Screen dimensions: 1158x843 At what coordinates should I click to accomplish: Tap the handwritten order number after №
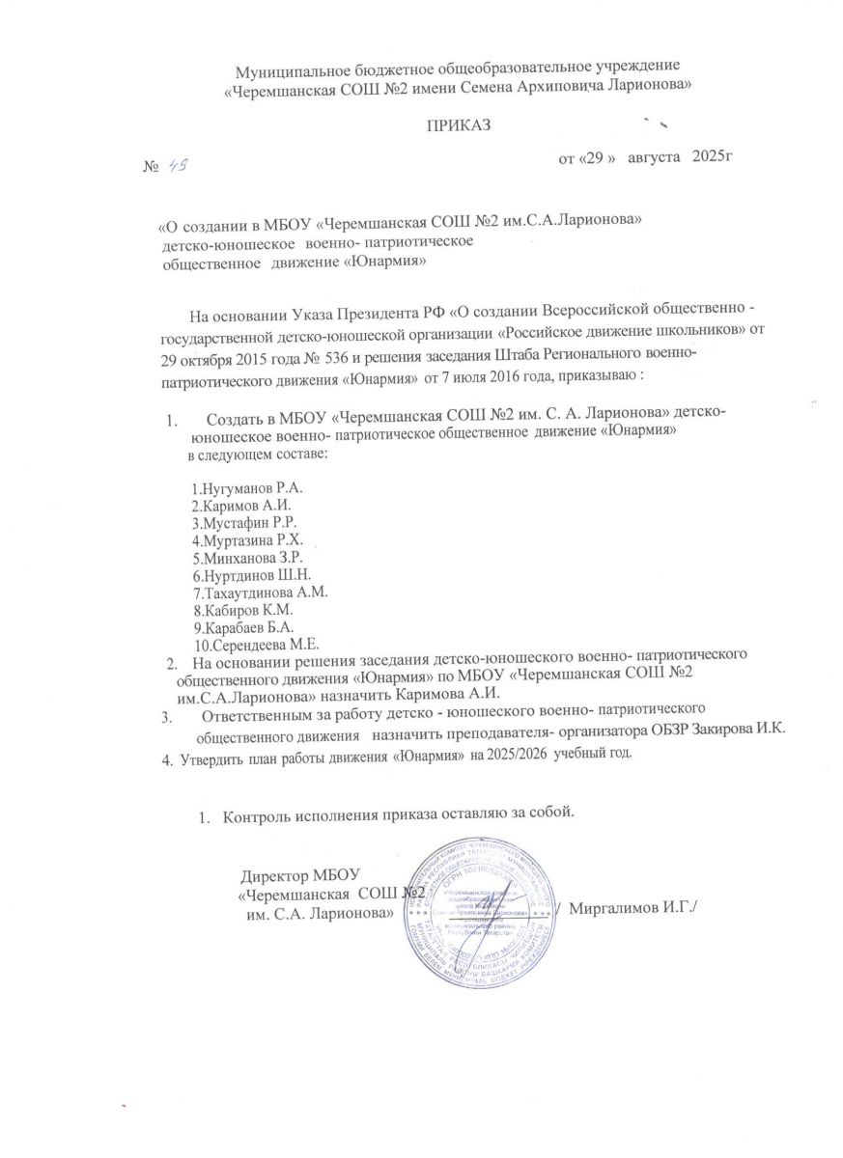177,165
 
